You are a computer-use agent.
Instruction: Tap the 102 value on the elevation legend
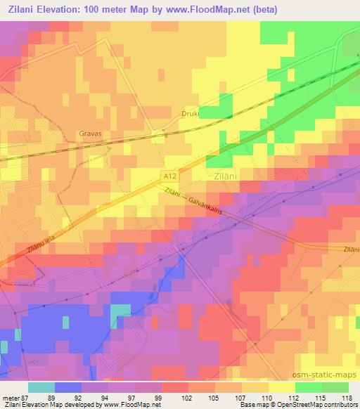coord(188,398)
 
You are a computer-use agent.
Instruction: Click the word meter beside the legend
coord(10,398)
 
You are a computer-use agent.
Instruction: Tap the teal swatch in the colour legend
coord(41,387)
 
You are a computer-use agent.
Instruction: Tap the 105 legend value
coord(214,398)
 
